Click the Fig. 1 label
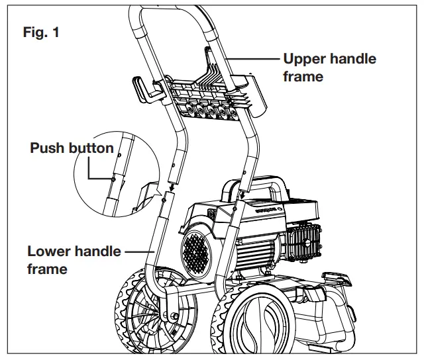(x=42, y=31)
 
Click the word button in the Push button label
(x=91, y=148)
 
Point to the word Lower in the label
(x=48, y=251)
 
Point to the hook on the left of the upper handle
(x=142, y=89)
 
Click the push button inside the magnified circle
(x=114, y=177)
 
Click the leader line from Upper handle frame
(x=255, y=58)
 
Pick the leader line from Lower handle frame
(x=139, y=251)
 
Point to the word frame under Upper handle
(x=303, y=76)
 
